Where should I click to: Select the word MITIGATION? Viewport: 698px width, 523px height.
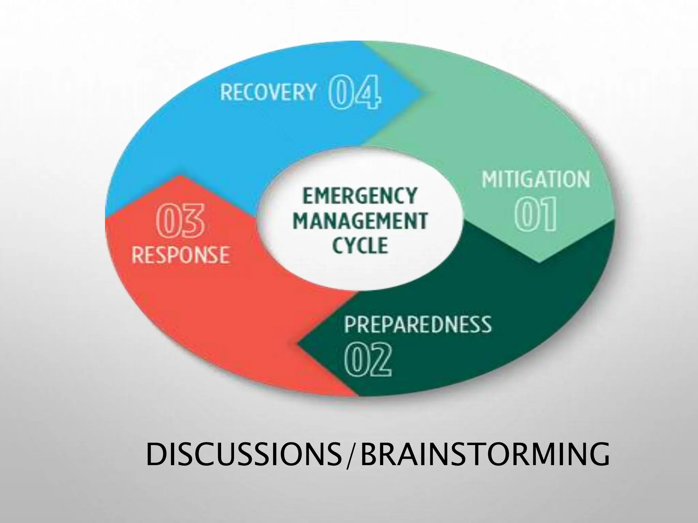[536, 179]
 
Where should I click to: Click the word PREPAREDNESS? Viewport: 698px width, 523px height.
[418, 324]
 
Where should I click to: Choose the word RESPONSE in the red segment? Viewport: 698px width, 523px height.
[181, 255]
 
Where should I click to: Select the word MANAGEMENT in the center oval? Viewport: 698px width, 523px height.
[360, 220]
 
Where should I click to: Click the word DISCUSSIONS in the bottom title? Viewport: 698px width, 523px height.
[243, 454]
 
